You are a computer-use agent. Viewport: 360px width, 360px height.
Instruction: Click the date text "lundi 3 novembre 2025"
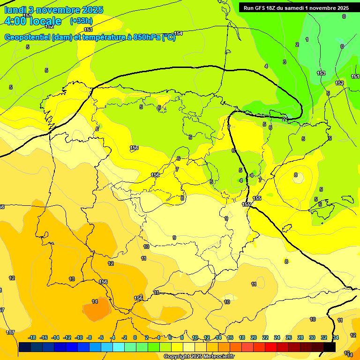(x=53, y=10)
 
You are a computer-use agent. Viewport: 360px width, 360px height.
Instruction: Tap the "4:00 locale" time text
(x=33, y=21)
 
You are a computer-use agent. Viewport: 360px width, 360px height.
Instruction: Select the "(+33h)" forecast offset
(x=81, y=21)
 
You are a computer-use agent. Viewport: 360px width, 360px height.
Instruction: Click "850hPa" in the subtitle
(x=147, y=37)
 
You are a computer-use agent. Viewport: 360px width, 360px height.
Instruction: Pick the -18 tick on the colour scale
(x=32, y=337)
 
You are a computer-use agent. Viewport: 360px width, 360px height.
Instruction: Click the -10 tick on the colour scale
(x=78, y=337)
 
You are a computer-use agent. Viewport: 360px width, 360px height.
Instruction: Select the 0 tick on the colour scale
(x=135, y=337)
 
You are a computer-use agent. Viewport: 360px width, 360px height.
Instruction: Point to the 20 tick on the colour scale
(x=254, y=337)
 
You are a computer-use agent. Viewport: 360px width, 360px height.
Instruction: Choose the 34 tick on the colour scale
(x=336, y=337)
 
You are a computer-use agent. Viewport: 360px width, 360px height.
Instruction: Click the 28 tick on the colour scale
(x=300, y=337)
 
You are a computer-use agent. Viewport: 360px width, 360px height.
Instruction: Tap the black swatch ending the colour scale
(x=330, y=347)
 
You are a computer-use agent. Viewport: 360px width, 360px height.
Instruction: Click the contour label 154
(x=178, y=33)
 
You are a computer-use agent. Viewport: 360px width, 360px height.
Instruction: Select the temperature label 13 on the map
(x=72, y=279)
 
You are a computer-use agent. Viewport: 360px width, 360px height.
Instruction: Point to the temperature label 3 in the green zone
(x=284, y=62)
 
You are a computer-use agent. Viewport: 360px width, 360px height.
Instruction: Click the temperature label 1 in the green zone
(x=307, y=40)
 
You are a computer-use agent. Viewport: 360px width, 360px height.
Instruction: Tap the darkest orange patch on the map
(x=97, y=310)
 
